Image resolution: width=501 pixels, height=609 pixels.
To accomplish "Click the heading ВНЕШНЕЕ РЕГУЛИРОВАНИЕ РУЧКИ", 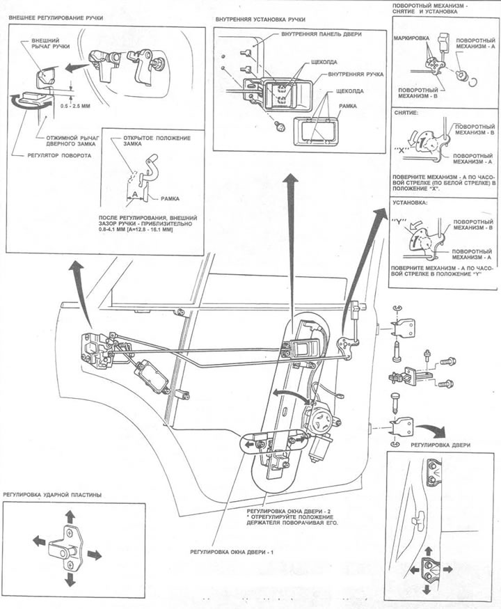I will coord(56,16).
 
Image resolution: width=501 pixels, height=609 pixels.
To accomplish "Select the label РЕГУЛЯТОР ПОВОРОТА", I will coord(60,156).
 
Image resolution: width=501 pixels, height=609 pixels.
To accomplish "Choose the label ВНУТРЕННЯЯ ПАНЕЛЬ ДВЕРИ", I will coord(319,34).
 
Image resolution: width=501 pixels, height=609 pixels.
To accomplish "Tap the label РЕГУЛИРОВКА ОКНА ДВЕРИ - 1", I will coord(234,551).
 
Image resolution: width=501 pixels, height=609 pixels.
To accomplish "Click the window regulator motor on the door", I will coord(324,422).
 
